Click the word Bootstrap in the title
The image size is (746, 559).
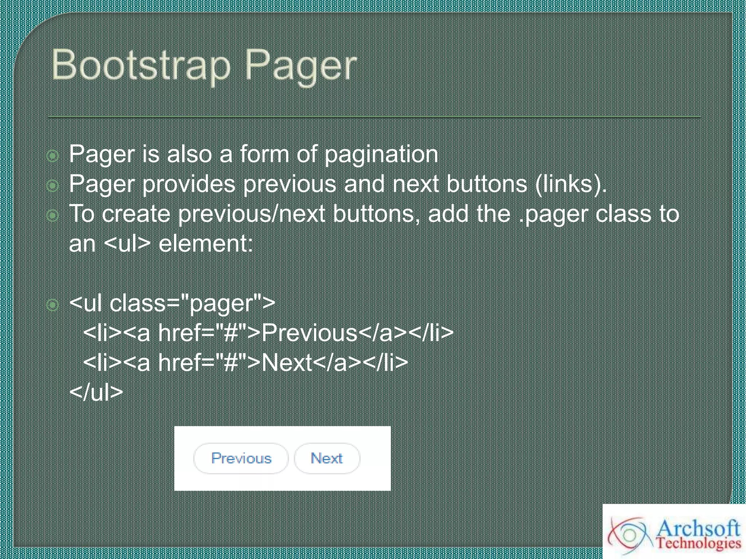coord(141,66)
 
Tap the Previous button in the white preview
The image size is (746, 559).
coord(241,458)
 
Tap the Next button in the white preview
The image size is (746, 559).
coord(327,458)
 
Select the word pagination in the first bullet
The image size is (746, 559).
coord(381,154)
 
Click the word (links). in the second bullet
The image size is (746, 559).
coord(571,184)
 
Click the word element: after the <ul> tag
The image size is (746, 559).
coord(206,243)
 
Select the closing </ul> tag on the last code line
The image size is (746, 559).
coord(96,392)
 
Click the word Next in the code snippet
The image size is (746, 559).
coord(287,363)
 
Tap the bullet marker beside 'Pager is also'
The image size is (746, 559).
coord(53,156)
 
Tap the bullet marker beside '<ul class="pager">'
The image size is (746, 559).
coord(53,305)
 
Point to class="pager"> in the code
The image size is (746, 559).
coord(192,303)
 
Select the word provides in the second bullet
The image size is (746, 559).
coord(189,184)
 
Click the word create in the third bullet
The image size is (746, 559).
coord(136,214)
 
